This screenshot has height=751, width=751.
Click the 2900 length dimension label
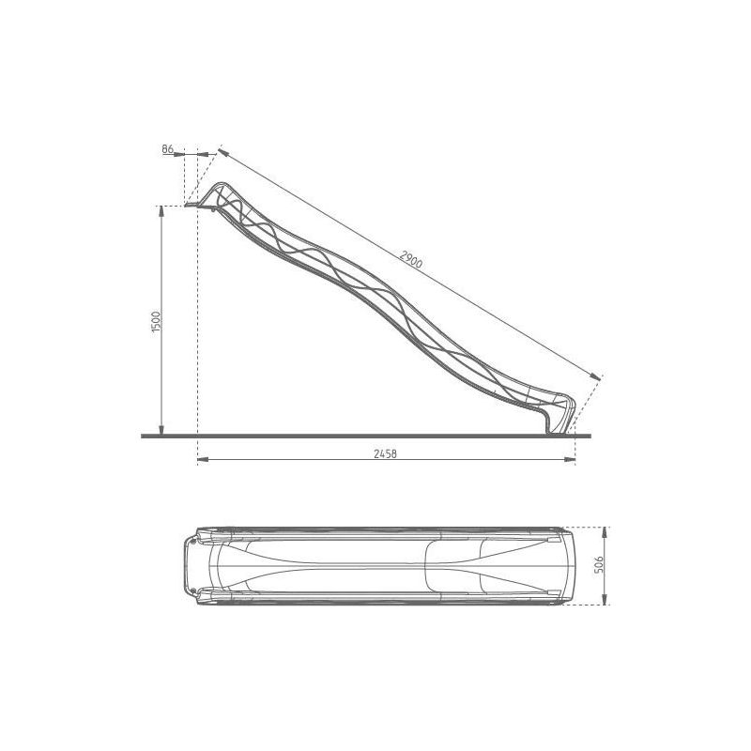click(x=411, y=260)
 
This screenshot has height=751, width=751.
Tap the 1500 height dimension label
click(x=156, y=322)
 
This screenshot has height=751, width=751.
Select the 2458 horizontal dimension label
click(x=385, y=453)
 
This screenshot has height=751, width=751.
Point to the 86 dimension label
click(x=168, y=149)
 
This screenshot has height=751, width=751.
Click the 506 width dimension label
click(x=599, y=565)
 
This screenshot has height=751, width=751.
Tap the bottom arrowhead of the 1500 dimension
click(x=161, y=430)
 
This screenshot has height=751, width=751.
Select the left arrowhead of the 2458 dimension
click(x=203, y=460)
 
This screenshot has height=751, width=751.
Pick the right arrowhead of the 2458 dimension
click(x=570, y=460)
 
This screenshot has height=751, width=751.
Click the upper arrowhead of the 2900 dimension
click(x=223, y=152)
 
